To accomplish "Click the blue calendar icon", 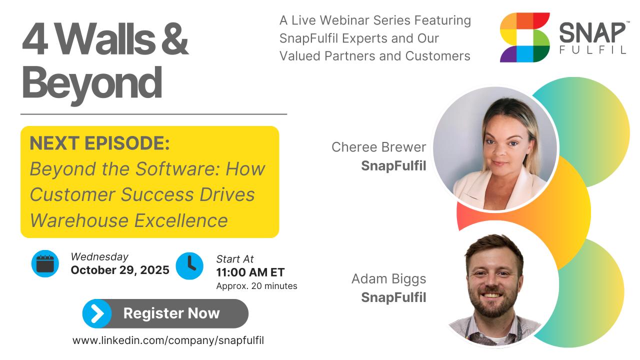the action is tap(45, 263).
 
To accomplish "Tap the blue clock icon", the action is tap(189, 265).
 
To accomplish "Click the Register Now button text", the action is tap(171, 313).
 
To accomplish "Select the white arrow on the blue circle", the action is tap(97, 313).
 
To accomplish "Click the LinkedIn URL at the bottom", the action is tap(168, 340).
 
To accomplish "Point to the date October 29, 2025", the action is tap(120, 270).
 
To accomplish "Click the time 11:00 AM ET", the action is tap(250, 272).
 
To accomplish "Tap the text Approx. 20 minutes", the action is tap(256, 286).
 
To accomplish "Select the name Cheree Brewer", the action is tap(378, 147).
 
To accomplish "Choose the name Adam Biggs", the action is tap(388, 279).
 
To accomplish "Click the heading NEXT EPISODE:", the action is tap(99, 143).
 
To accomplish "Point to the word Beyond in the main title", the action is tap(92, 83).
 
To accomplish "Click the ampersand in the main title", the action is tap(175, 38).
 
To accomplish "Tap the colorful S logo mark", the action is tap(525, 37).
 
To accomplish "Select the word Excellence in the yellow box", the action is tap(181, 220).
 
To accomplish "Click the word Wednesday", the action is tap(99, 257).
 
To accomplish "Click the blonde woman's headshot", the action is tap(495, 148).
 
